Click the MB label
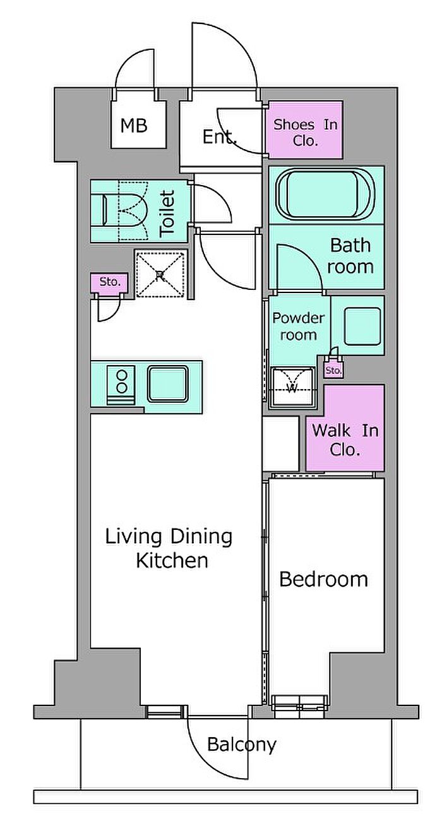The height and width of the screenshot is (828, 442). tap(134, 126)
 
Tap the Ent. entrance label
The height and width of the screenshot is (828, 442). tap(220, 137)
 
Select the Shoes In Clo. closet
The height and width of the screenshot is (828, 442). tap(304, 129)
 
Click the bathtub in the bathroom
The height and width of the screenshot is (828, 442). tap(326, 195)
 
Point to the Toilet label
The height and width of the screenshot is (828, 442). tap(167, 213)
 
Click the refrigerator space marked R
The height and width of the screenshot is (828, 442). tap(160, 274)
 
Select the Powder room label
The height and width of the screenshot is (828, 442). tap(299, 327)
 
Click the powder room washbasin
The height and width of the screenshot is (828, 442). tap(362, 326)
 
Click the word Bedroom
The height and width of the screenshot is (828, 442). tap(324, 579)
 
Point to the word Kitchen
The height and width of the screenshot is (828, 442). tap(172, 560)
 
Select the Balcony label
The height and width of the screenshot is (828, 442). tap(242, 745)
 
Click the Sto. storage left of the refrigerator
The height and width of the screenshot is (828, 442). tap(110, 282)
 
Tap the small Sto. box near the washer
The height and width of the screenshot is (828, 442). tap(334, 369)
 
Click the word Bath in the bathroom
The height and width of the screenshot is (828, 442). tap(350, 245)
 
